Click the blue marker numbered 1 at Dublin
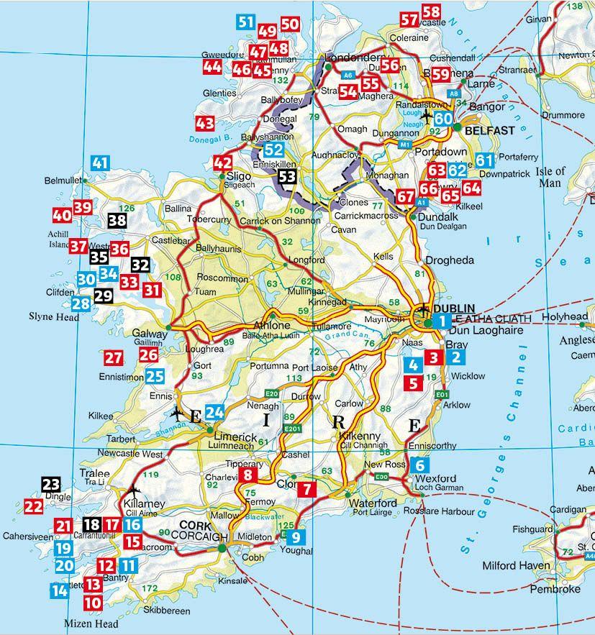(x=444, y=321)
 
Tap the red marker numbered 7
(x=306, y=488)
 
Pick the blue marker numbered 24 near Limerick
(x=215, y=413)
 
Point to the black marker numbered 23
(x=51, y=485)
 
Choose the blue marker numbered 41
(x=100, y=163)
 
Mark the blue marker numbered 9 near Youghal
(x=298, y=536)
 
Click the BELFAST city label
(x=490, y=131)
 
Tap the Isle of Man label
(x=550, y=176)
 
